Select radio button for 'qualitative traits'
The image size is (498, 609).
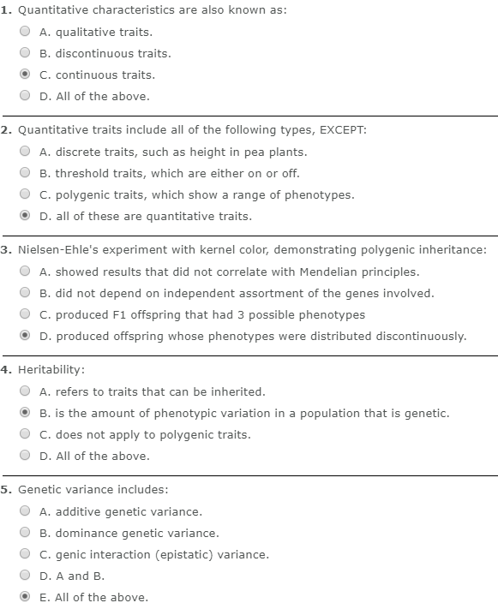[26, 32]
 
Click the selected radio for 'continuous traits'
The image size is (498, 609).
[26, 75]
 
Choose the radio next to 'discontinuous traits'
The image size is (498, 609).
[26, 53]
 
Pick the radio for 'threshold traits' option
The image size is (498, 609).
[26, 173]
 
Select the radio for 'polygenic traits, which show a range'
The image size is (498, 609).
[26, 194]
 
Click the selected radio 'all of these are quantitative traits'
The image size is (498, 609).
[26, 216]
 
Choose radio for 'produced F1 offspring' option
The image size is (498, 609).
[26, 314]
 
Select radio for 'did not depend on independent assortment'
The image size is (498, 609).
[26, 293]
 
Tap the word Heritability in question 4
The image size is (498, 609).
[51, 370]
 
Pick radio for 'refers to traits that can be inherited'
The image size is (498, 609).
[26, 391]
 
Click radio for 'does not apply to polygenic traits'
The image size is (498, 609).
[26, 434]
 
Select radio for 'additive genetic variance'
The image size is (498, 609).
[26, 511]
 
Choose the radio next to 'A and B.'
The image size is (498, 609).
[26, 576]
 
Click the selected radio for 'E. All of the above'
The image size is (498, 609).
[26, 597]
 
